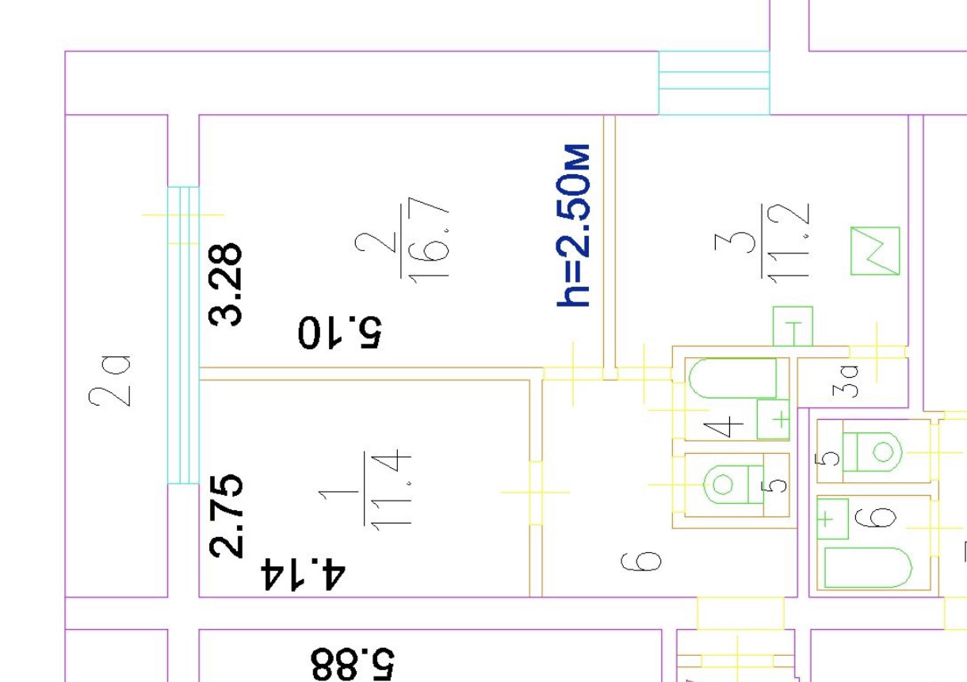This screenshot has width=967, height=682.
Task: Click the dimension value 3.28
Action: click(x=226, y=284)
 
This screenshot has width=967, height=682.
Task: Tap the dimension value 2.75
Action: click(x=226, y=516)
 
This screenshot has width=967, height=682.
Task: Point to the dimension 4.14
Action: click(x=304, y=573)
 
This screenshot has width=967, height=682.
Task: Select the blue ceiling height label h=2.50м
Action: click(x=574, y=225)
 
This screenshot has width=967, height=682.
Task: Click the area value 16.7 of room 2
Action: click(x=435, y=238)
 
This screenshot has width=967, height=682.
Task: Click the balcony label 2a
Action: click(x=109, y=380)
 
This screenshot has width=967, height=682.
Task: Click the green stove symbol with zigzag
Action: click(x=875, y=251)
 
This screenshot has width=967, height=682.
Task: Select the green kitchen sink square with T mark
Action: click(x=793, y=326)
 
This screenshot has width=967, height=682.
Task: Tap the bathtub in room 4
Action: click(x=732, y=379)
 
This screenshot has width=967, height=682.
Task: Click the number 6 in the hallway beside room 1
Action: click(x=648, y=562)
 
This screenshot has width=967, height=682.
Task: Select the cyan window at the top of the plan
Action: click(x=714, y=82)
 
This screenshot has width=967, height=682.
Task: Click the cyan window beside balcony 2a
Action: click(x=183, y=335)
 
